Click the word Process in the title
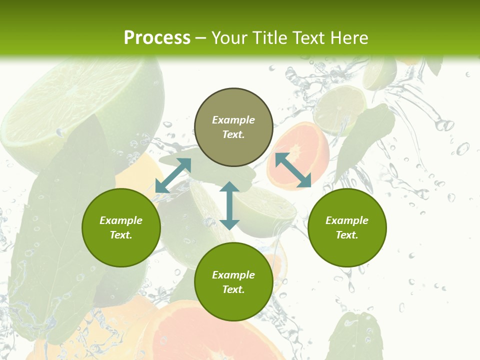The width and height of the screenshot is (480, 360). (157, 37)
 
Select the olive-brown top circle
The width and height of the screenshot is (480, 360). (233, 127)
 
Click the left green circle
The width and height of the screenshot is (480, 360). (121, 227)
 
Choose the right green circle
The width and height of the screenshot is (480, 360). (347, 227)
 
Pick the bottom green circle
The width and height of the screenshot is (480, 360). (233, 282)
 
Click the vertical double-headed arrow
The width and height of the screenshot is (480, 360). (229, 205)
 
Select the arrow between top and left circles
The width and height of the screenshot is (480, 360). (173, 175)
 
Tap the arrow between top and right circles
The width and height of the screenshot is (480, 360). (293, 170)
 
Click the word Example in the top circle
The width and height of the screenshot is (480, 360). (233, 120)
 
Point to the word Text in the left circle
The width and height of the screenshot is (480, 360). (121, 235)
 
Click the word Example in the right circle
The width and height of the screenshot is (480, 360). (347, 220)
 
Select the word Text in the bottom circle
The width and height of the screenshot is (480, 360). (233, 289)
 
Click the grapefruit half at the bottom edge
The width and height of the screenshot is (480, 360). (200, 335)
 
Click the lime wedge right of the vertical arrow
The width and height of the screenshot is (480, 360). (265, 210)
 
